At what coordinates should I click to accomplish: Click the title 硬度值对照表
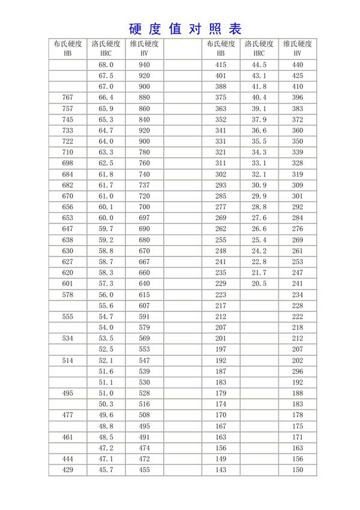(x=185, y=29)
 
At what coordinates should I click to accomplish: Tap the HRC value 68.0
(x=106, y=64)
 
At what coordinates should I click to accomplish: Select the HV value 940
(x=144, y=64)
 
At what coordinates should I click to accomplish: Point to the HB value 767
(x=68, y=97)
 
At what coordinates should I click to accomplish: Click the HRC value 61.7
(x=106, y=185)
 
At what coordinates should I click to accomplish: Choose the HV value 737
(x=144, y=185)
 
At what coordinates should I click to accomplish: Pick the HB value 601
(x=68, y=283)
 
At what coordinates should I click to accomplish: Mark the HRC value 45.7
(x=106, y=470)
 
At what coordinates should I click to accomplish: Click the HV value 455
(x=144, y=470)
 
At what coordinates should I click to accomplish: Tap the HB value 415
(x=220, y=64)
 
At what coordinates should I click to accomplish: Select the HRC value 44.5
(x=259, y=64)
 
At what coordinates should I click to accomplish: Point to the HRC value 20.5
(x=259, y=283)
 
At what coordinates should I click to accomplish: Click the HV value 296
(x=298, y=371)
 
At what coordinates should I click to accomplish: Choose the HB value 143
(x=220, y=470)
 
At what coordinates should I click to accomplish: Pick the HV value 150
(x=298, y=470)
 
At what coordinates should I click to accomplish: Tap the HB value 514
(x=68, y=360)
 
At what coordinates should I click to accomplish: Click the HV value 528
(x=144, y=393)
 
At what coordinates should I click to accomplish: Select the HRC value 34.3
(x=259, y=152)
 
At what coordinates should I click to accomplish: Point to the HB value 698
(x=68, y=163)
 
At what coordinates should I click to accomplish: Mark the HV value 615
(x=144, y=295)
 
